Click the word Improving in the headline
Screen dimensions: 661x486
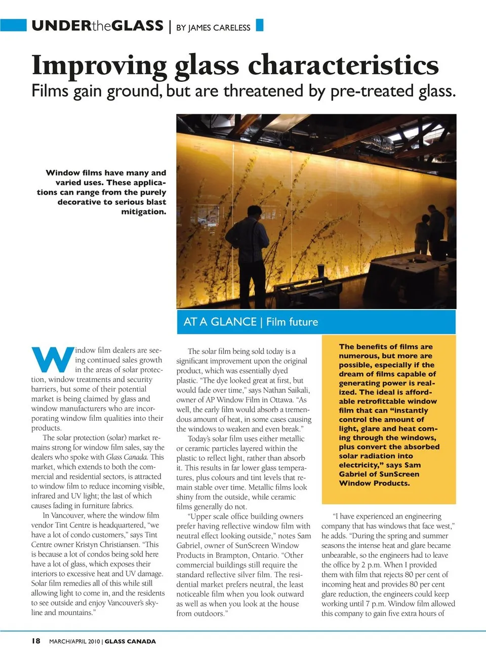click(99, 66)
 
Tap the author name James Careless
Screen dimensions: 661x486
click(219, 27)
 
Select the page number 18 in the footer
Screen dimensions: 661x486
click(36, 641)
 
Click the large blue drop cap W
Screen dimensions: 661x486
click(53, 359)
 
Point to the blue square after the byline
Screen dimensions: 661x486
click(260, 25)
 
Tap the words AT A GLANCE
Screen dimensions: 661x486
click(220, 322)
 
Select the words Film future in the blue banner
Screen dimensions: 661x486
click(292, 322)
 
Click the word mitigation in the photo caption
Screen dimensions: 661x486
click(144, 212)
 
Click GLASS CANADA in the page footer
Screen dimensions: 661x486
click(130, 641)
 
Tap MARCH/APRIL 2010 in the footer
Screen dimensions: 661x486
click(74, 641)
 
